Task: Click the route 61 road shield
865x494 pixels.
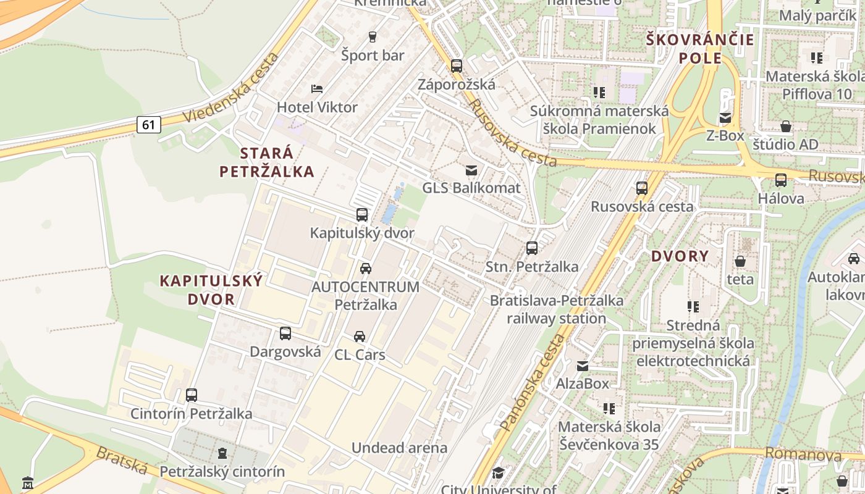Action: click(148, 125)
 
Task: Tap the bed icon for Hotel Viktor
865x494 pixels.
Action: click(317, 88)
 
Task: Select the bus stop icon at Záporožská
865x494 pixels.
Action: click(457, 65)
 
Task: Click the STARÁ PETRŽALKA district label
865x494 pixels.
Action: click(267, 162)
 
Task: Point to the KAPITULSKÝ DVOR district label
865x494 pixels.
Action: click(211, 290)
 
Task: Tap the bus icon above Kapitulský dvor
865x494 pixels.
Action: click(362, 215)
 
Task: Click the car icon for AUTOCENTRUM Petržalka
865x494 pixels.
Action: click(366, 269)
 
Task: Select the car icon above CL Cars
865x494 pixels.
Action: click(360, 337)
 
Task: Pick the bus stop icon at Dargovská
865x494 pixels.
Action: click(285, 333)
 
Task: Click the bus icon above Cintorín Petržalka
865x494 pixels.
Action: click(192, 395)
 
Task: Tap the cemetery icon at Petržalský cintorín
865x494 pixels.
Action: click(222, 454)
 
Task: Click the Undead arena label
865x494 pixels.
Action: click(399, 448)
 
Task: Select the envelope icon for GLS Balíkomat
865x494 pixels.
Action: click(471, 170)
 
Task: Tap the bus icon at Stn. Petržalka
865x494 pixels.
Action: click(532, 248)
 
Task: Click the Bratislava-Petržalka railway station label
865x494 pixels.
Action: click(556, 309)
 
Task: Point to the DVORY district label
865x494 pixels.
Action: click(680, 256)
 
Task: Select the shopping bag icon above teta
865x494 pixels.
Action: click(740, 261)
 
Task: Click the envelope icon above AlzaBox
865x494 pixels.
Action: click(583, 366)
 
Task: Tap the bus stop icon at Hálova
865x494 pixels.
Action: click(781, 180)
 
